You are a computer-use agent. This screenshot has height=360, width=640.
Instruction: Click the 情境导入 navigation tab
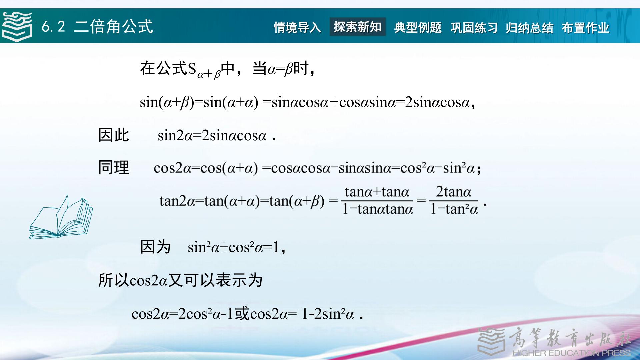click(297, 27)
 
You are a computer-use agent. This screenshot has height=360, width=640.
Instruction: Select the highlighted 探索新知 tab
click(358, 27)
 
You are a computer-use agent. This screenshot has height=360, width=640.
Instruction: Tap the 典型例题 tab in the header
click(418, 27)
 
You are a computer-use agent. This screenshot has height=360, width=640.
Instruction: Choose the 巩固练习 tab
click(474, 27)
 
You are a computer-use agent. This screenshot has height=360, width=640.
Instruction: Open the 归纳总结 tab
click(529, 27)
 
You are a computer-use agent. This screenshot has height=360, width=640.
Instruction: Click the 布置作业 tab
click(585, 27)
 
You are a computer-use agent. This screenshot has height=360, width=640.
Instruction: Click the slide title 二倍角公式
click(113, 26)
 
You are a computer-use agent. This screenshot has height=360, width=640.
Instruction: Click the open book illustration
click(61, 217)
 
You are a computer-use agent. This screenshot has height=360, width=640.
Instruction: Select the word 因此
click(114, 135)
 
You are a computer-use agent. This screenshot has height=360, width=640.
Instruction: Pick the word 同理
click(114, 167)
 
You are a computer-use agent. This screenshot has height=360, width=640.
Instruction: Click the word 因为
click(156, 247)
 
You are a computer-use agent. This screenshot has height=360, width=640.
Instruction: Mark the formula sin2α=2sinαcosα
click(212, 136)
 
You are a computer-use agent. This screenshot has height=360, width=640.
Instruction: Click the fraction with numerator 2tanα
click(454, 200)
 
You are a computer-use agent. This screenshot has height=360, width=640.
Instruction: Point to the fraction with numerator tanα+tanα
click(377, 200)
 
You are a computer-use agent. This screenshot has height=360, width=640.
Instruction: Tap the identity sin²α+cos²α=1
click(233, 247)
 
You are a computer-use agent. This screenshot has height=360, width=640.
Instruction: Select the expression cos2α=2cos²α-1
click(182, 314)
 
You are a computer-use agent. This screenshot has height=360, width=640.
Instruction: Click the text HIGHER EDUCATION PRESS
click(572, 353)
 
